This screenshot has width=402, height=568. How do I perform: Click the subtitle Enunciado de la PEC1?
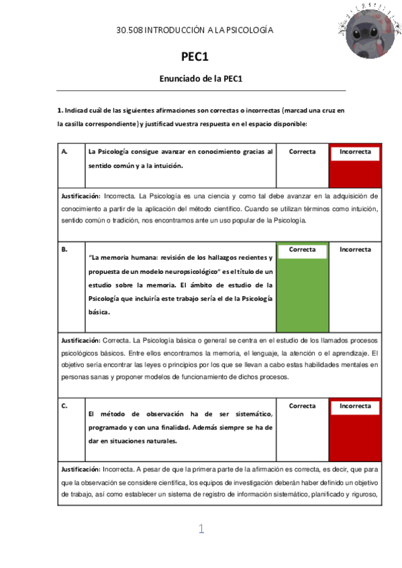tap(201, 78)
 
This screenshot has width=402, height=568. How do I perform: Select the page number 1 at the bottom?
tap(201, 529)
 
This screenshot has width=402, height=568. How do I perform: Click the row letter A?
tap(64, 152)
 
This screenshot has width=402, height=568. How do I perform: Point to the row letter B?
tap(64, 249)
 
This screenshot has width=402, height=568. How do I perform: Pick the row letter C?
tap(64, 406)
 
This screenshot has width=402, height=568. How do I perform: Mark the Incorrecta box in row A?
tap(355, 153)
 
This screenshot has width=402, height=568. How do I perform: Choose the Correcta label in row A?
tap(302, 152)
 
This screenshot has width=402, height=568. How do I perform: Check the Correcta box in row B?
tap(302, 251)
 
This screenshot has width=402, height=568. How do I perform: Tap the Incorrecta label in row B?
tap(355, 249)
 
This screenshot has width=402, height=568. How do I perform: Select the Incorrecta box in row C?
tap(355, 407)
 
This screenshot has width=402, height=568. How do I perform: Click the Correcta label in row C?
tap(302, 406)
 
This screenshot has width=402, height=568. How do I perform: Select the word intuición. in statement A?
tap(166, 165)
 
